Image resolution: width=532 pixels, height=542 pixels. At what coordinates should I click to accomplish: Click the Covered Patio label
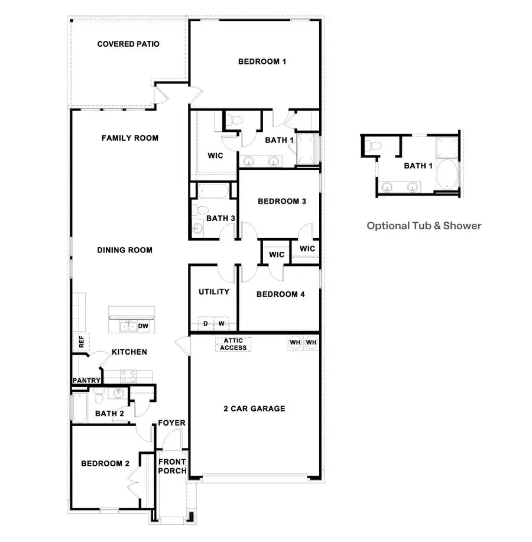click(x=128, y=44)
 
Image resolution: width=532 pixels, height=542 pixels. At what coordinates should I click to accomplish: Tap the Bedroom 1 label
click(x=262, y=61)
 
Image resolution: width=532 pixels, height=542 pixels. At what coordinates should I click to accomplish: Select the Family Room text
click(x=130, y=138)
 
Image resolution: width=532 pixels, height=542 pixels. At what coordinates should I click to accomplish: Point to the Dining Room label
click(x=125, y=250)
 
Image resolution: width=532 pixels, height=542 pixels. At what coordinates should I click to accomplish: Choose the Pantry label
click(x=86, y=381)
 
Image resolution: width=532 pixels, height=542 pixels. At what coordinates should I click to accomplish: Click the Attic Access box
click(x=233, y=344)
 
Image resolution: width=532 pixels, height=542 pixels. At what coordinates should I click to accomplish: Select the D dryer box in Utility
click(x=206, y=324)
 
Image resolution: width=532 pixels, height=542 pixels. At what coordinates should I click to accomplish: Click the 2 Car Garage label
click(x=254, y=408)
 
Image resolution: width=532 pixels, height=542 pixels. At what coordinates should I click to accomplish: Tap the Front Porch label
click(x=172, y=466)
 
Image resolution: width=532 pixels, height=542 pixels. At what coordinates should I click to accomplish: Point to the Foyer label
click(x=172, y=423)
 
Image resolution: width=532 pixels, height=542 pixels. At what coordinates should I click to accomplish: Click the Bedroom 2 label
click(x=105, y=464)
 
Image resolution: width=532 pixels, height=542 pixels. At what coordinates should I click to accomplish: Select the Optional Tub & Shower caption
click(x=424, y=225)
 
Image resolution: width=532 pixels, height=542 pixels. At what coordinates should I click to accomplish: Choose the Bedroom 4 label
click(x=281, y=294)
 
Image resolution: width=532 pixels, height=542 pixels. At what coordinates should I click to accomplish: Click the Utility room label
click(x=213, y=292)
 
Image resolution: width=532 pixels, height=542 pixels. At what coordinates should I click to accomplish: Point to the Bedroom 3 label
click(x=282, y=202)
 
